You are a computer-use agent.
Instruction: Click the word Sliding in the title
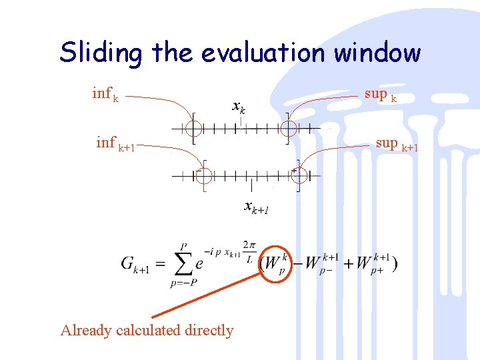tap(100, 52)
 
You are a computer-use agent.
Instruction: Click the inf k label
tap(105, 95)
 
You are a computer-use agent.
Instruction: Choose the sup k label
tap(381, 95)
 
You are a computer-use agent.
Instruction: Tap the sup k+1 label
tap(397, 143)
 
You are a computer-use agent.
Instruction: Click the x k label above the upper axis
tap(239, 105)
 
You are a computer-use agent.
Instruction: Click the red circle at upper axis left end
tap(191, 126)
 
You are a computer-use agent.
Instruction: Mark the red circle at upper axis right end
tap(287, 126)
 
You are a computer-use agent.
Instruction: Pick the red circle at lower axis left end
tap(203, 175)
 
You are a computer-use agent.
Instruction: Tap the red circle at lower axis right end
tap(298, 175)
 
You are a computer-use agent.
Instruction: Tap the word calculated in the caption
tap(147, 330)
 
